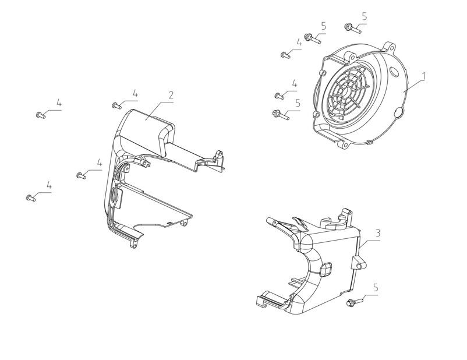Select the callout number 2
pos(171,95)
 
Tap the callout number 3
pos(377,232)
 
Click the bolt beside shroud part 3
pos(353,302)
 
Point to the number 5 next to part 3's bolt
pos(375,288)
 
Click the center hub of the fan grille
pos(346,91)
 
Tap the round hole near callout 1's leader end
pos(398,112)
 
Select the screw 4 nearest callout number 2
pos(116,105)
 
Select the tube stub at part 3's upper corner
pos(272,221)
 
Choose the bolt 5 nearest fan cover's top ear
pos(353,29)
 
